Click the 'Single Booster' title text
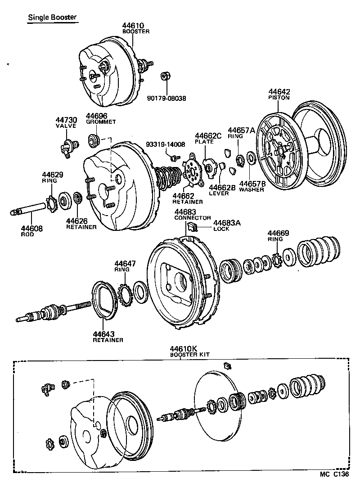[52, 18]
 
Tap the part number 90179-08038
[166, 98]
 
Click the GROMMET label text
[101, 122]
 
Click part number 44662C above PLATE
[209, 135]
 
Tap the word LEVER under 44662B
[219, 194]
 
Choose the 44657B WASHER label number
[252, 183]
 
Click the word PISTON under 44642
[279, 97]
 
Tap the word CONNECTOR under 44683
[193, 217]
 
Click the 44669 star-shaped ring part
[277, 260]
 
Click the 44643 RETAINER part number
[104, 334]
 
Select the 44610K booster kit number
[184, 349]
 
